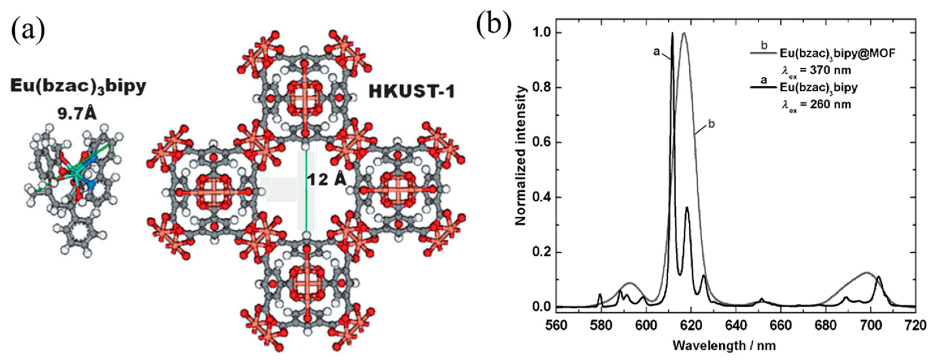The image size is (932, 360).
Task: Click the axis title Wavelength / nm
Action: click(724, 346)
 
